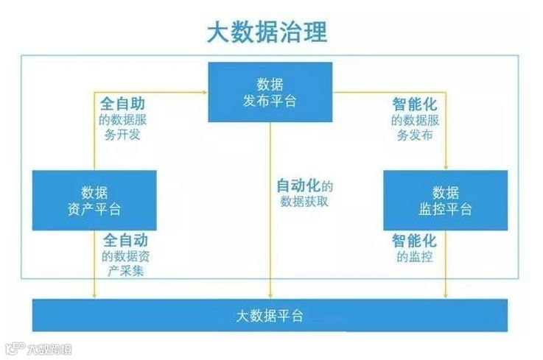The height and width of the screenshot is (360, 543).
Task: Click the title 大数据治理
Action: [266, 33]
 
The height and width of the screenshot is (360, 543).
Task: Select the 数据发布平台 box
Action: [270, 91]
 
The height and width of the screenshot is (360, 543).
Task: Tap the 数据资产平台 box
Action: [94, 200]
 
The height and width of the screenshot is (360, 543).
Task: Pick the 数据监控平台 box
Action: [445, 200]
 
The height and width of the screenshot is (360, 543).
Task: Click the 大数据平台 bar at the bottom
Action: [270, 316]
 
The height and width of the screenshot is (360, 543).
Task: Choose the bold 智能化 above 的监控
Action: [414, 241]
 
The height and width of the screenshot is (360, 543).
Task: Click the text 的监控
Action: [414, 258]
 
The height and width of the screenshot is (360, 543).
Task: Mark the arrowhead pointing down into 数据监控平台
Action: [446, 168]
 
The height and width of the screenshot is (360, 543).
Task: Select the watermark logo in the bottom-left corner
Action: [15, 347]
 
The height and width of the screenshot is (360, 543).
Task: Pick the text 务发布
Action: [414, 135]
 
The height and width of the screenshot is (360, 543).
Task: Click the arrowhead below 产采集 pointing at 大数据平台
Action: [94, 296]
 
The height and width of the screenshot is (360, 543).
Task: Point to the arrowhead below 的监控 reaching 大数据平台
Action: [446, 296]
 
